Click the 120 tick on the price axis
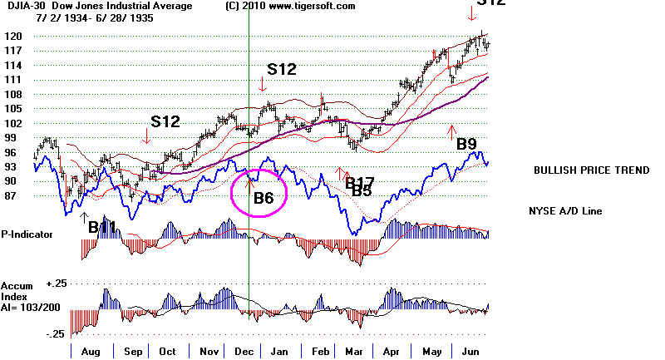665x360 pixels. click(x=12, y=37)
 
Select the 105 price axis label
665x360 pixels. click(x=12, y=109)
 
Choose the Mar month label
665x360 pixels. click(x=352, y=352)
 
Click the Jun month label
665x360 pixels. click(x=467, y=352)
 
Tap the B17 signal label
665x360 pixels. click(x=359, y=182)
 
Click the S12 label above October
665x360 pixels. click(x=165, y=121)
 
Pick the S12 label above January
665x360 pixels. click(x=282, y=69)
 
